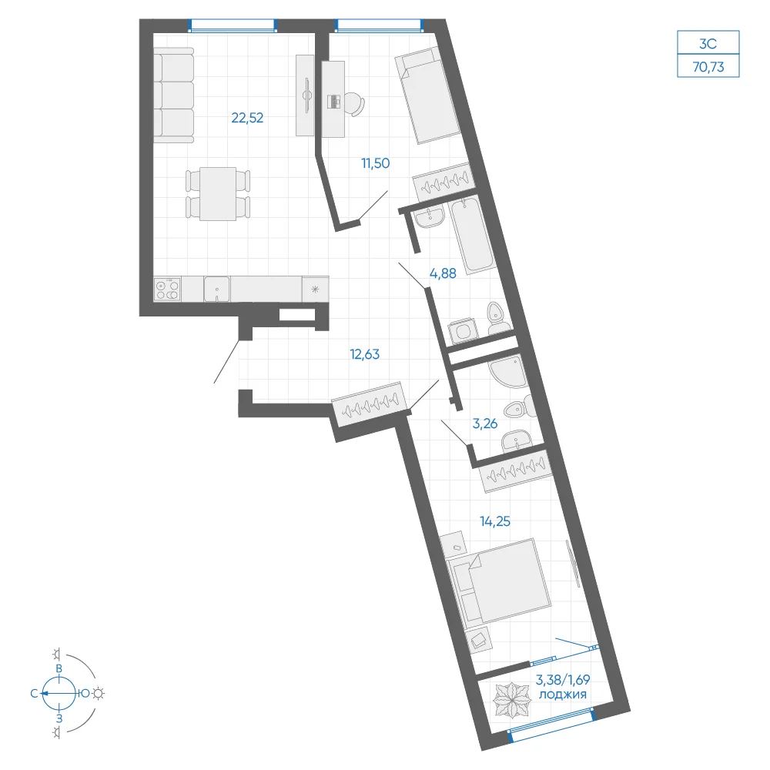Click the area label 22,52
coord(247,118)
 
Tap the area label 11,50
coord(376,163)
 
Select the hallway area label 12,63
coord(364,354)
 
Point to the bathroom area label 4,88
coord(443,273)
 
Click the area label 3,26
coord(484,423)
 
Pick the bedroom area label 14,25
coord(495,521)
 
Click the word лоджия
coord(563,695)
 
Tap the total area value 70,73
coord(708,67)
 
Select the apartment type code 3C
coord(708,44)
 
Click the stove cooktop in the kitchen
coord(167,289)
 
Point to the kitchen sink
coord(216,289)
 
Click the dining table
coord(218,194)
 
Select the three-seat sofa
coord(174,95)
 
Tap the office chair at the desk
coord(355,103)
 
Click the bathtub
coord(472,235)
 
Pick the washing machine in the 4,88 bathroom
coord(463,331)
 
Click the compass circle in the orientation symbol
coord(59,694)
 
